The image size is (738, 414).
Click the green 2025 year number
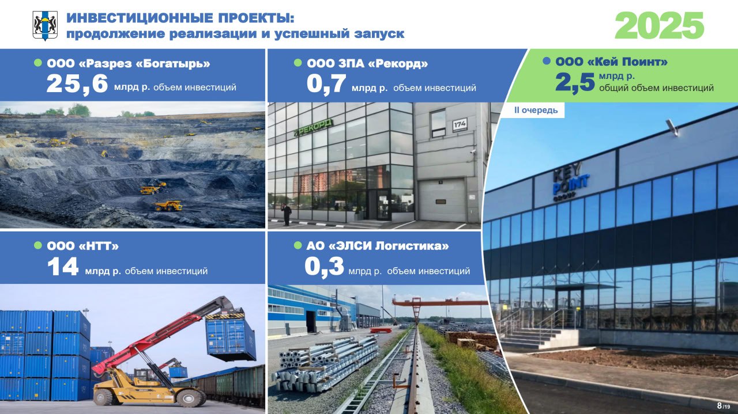point(659,25)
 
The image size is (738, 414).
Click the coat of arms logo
point(45,25)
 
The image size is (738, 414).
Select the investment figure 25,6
point(77,84)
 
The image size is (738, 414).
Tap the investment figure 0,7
point(326,84)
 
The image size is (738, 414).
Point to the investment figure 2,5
point(575,82)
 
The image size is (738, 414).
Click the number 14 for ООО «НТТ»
point(63,267)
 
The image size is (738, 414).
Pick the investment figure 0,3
point(324,267)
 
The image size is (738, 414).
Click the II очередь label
point(536,110)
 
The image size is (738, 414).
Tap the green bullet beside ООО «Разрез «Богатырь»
point(38,63)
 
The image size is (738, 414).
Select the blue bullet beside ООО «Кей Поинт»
point(547,61)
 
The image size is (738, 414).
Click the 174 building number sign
point(460,125)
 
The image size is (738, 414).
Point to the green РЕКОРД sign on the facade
point(313,127)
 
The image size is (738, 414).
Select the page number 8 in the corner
point(719,405)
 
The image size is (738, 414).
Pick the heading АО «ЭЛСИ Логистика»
point(378,246)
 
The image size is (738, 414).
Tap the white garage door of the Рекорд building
point(442,200)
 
